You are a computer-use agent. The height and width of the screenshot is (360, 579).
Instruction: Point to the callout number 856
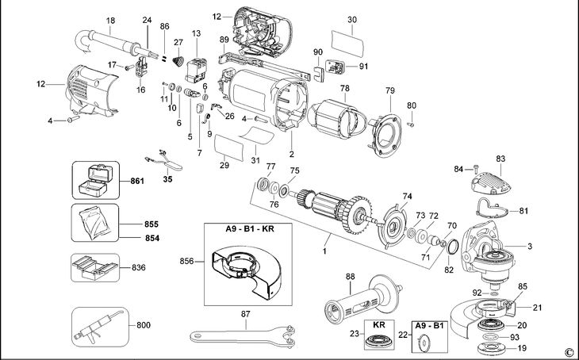pyautogui.click(x=187, y=261)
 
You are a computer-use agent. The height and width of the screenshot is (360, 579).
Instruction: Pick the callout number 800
pyautogui.click(x=143, y=325)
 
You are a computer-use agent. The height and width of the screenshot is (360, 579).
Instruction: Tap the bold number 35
pyautogui.click(x=167, y=180)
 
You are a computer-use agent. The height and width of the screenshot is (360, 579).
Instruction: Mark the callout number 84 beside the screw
pyautogui.click(x=458, y=169)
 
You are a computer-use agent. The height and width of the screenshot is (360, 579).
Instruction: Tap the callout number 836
pyautogui.click(x=139, y=267)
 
